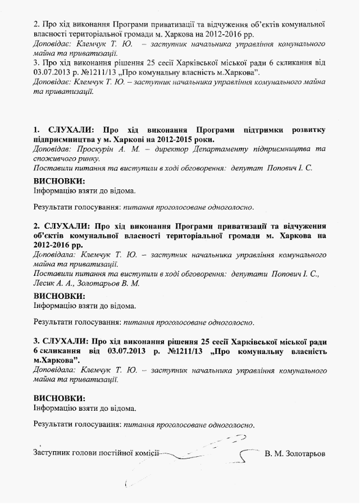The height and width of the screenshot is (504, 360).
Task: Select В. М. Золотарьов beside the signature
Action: coord(295,453)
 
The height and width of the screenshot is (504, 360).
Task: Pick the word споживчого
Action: coord(54,159)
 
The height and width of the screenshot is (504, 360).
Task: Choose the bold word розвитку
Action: coord(308,130)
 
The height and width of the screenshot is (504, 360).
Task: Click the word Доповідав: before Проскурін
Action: coord(52,149)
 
